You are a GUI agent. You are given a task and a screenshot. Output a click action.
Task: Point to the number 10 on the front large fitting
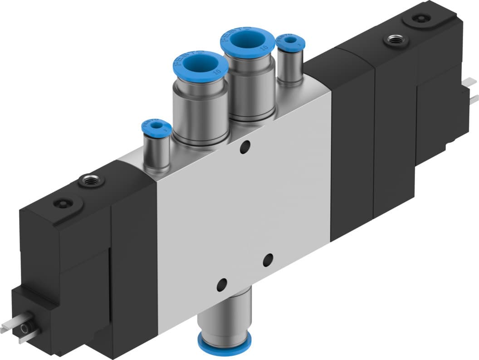[219, 72]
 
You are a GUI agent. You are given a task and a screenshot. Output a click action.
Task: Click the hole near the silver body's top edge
[245, 146]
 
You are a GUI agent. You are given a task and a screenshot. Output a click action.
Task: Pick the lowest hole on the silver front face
[222, 284]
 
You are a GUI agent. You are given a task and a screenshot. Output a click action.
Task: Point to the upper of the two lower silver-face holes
[268, 260]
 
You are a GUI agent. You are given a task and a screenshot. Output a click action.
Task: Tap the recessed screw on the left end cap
[62, 203]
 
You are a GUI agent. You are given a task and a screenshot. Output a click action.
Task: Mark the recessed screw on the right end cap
[418, 19]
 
